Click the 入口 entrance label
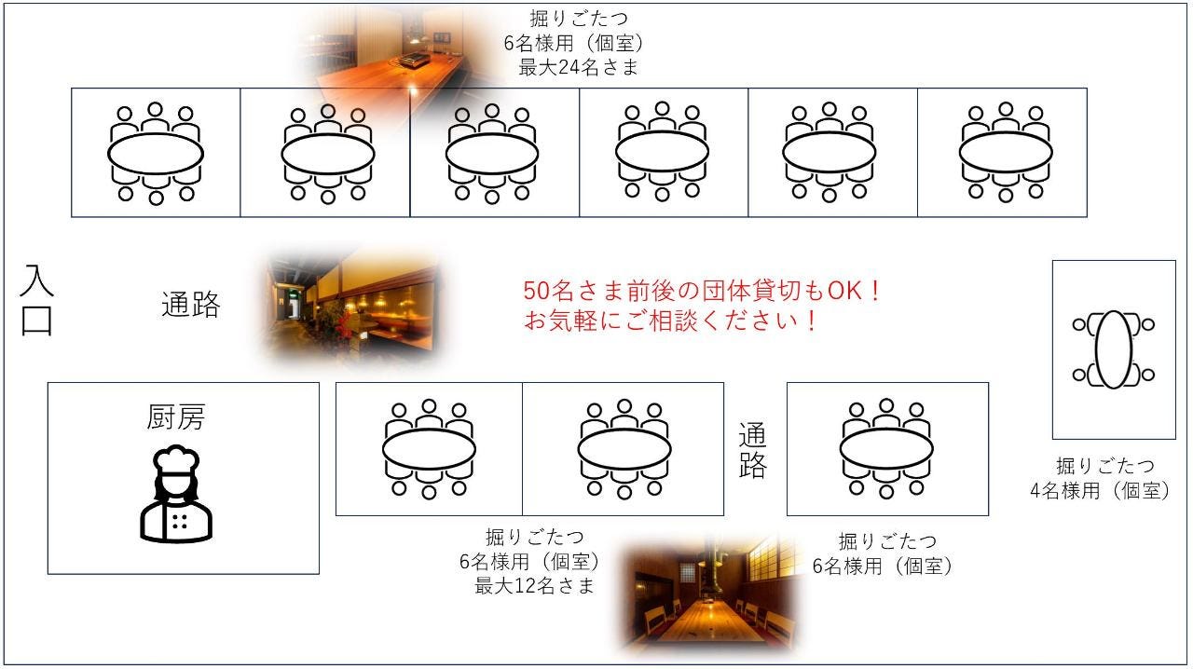36,300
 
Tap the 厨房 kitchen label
176,416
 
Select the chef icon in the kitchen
176,494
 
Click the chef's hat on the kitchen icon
176,459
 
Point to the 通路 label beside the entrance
191,304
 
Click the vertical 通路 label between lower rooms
752,451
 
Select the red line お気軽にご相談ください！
670,321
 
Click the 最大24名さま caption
579,68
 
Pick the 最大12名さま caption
534,586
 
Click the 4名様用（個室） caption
1101,490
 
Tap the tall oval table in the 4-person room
1114,349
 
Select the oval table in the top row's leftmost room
156,154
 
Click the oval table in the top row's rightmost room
1006,152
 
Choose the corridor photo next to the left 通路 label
348,307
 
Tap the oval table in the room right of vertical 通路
886,449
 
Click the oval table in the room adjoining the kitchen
429,449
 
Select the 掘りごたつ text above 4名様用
1105,466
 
